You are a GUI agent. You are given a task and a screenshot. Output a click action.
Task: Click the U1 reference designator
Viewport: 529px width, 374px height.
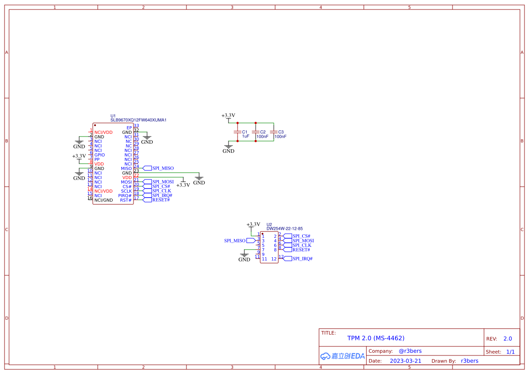(x=113, y=116)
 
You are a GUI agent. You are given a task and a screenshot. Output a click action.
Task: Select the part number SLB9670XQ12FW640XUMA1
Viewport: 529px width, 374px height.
(x=138, y=120)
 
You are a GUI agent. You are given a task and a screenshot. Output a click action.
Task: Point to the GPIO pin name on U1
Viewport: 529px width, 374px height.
(x=100, y=155)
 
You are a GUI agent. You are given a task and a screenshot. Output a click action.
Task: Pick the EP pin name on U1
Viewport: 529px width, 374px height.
(x=129, y=128)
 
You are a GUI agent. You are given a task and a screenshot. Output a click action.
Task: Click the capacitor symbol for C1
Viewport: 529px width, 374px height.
(x=236, y=132)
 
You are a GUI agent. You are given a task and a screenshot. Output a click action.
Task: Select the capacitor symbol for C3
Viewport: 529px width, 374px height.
(x=273, y=132)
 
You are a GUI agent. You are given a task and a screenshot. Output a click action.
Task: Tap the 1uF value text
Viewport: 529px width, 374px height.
(x=246, y=136)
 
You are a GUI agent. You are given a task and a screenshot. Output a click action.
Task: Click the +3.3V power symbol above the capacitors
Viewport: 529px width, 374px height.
(x=228, y=116)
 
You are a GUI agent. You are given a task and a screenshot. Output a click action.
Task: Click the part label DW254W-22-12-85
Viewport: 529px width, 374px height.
(x=284, y=229)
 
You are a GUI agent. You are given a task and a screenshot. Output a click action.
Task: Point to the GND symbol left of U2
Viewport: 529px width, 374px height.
(x=244, y=257)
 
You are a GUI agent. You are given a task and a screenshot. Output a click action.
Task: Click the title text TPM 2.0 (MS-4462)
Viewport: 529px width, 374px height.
(x=376, y=338)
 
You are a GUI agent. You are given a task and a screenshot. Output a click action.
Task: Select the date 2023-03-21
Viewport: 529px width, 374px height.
(x=405, y=361)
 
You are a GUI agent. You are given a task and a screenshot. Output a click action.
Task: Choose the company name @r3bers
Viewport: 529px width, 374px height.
(x=410, y=351)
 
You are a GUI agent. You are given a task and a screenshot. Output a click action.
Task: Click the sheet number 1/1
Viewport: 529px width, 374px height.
(x=510, y=352)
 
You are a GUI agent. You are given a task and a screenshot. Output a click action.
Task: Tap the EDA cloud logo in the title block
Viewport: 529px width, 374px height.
(x=342, y=356)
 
